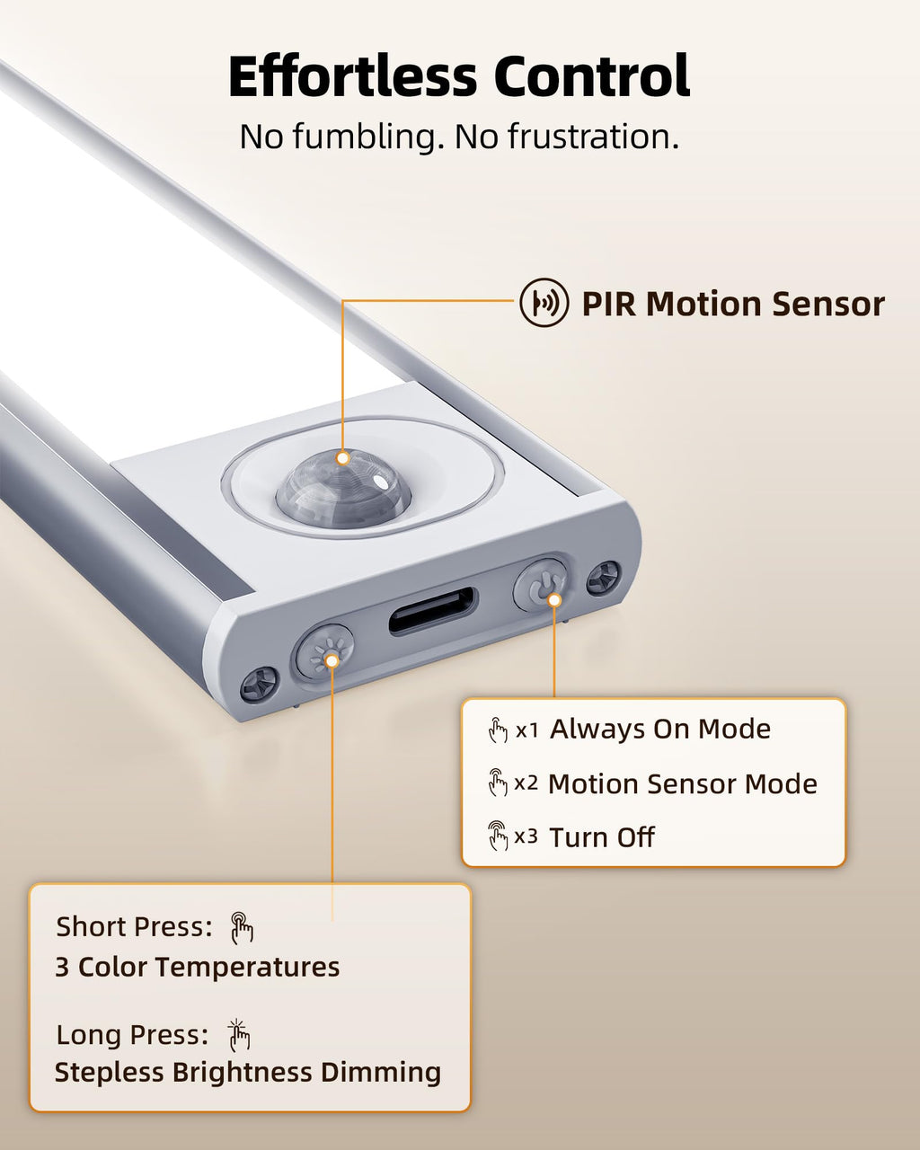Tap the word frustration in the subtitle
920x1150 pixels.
pos(593,137)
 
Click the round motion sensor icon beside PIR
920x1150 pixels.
pos(544,303)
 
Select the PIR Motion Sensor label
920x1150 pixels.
pos(733,304)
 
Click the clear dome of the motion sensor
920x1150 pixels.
pos(344,488)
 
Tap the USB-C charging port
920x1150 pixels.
pos(433,611)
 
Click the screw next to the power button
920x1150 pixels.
pos(604,579)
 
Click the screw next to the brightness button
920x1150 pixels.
pos(260,684)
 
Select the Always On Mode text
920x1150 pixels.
pos(660,730)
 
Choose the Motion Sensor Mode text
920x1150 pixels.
pos(683,784)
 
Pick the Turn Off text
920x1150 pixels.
pos(602,837)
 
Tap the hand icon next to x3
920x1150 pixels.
pos(498,836)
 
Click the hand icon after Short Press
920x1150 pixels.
pos(242,928)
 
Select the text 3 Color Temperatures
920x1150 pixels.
pos(198,968)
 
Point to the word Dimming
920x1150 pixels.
pos(381,1073)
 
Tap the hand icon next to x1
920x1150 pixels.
pos(498,730)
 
